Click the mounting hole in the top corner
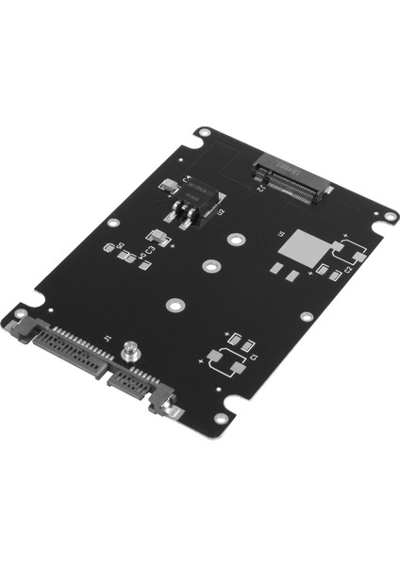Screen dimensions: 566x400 click(x=202, y=134)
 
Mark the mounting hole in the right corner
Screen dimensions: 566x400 click(x=389, y=217)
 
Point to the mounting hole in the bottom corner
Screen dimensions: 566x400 click(x=221, y=418)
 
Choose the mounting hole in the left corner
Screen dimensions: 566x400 click(x=20, y=313)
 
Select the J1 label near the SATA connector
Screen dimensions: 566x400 click(x=108, y=339)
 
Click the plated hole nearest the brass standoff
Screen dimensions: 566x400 click(x=173, y=305)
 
